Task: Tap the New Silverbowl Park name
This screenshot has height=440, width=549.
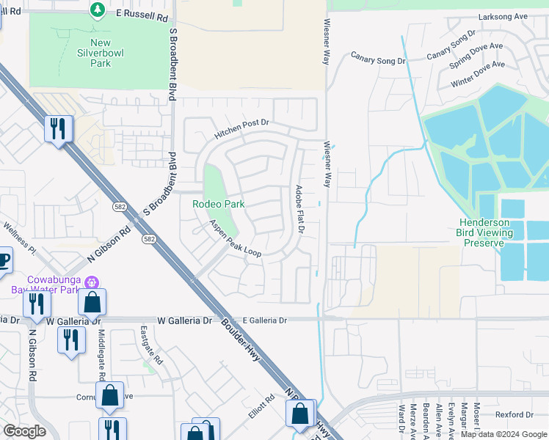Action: [x=95, y=54]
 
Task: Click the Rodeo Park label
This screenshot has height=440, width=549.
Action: [x=218, y=204]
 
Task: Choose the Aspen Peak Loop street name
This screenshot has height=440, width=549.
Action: [x=235, y=238]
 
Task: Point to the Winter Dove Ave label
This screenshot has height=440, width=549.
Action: [x=478, y=74]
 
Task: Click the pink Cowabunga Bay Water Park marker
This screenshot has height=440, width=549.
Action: [x=91, y=282]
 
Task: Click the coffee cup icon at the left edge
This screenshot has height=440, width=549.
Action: [x=4, y=259]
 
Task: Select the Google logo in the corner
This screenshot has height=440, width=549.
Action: [x=25, y=431]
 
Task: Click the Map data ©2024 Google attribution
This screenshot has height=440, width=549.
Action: [x=503, y=434]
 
